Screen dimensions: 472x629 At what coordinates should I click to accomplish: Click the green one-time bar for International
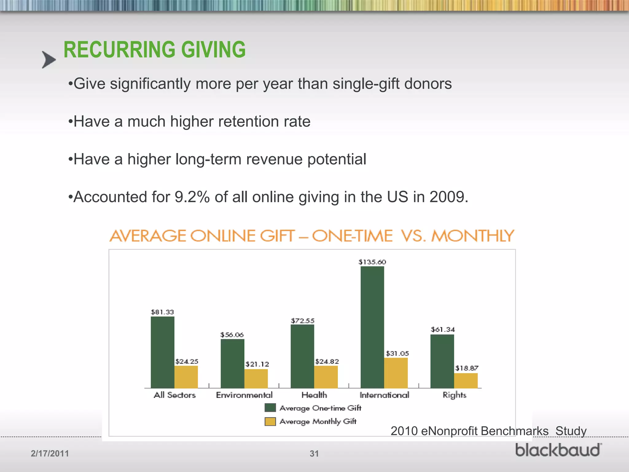372,327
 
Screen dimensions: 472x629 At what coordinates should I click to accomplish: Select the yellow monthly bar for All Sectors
186,377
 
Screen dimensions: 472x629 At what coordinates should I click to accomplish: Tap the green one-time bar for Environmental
232,364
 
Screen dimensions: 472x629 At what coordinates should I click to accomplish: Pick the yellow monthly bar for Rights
466,381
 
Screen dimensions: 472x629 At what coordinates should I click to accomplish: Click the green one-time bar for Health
303,356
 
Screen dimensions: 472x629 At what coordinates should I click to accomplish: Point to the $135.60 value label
372,262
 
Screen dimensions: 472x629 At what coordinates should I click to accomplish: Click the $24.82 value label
327,361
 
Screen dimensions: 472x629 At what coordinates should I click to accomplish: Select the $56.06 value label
232,335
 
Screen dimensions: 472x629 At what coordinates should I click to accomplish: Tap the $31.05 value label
397,353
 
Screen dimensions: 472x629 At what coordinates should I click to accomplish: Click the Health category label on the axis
314,395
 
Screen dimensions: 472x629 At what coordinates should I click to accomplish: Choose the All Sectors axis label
174,395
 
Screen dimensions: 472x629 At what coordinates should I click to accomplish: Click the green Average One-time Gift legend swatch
270,408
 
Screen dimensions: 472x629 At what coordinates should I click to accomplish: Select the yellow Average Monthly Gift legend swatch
270,421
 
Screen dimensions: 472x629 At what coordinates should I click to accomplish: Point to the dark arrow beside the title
49,60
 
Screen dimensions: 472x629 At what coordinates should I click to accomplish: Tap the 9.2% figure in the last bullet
192,197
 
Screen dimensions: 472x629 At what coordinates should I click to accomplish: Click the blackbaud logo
558,450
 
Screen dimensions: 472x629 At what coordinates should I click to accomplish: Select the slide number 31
314,454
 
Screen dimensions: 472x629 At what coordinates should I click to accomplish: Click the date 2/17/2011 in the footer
50,454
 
